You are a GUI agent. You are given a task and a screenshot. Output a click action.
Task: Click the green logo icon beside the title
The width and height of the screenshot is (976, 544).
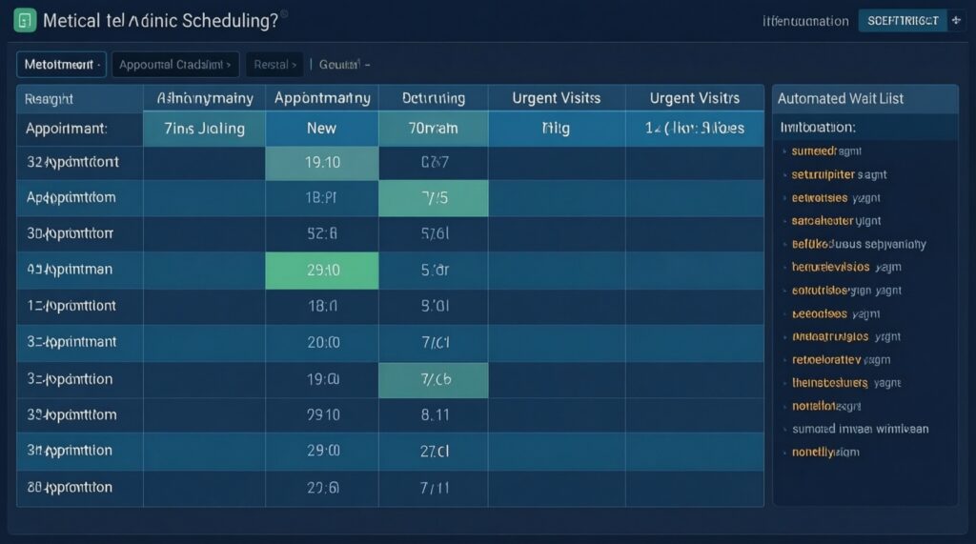(x=26, y=20)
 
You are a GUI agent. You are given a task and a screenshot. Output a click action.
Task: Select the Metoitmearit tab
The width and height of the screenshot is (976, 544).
(x=61, y=65)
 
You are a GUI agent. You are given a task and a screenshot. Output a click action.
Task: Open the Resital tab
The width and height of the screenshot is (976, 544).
(x=274, y=65)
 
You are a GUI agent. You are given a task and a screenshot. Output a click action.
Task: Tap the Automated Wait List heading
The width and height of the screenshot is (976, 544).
(x=840, y=98)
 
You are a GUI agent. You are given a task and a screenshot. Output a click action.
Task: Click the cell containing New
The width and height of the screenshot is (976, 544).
(x=321, y=128)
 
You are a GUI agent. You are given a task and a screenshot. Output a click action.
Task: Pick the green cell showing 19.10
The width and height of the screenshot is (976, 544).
(x=321, y=163)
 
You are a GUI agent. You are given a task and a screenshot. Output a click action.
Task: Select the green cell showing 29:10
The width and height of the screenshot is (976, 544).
(x=321, y=270)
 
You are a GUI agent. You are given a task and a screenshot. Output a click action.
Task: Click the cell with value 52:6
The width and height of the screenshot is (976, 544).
(x=321, y=233)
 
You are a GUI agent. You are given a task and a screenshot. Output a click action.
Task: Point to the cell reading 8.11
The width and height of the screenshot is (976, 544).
(x=434, y=414)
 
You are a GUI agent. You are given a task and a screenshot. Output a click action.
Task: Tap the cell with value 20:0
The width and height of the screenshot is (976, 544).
(x=321, y=342)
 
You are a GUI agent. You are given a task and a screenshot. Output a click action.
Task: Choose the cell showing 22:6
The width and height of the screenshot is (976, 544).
(x=321, y=487)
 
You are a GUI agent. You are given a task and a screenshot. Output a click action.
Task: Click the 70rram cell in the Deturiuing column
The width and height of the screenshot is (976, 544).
(x=434, y=128)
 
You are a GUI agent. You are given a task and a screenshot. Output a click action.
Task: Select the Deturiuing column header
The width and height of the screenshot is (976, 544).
(x=434, y=98)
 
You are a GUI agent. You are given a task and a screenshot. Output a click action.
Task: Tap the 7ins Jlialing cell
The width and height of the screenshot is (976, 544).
(x=203, y=128)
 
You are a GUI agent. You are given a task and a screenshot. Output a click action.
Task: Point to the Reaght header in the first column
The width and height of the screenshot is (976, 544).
(x=50, y=98)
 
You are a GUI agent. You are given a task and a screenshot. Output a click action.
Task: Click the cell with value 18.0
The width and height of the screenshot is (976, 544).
(x=321, y=306)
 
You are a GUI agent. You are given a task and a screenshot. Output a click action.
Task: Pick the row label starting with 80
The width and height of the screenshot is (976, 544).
(x=71, y=487)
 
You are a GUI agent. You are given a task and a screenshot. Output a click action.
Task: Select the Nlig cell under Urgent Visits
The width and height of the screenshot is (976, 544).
(x=556, y=128)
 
